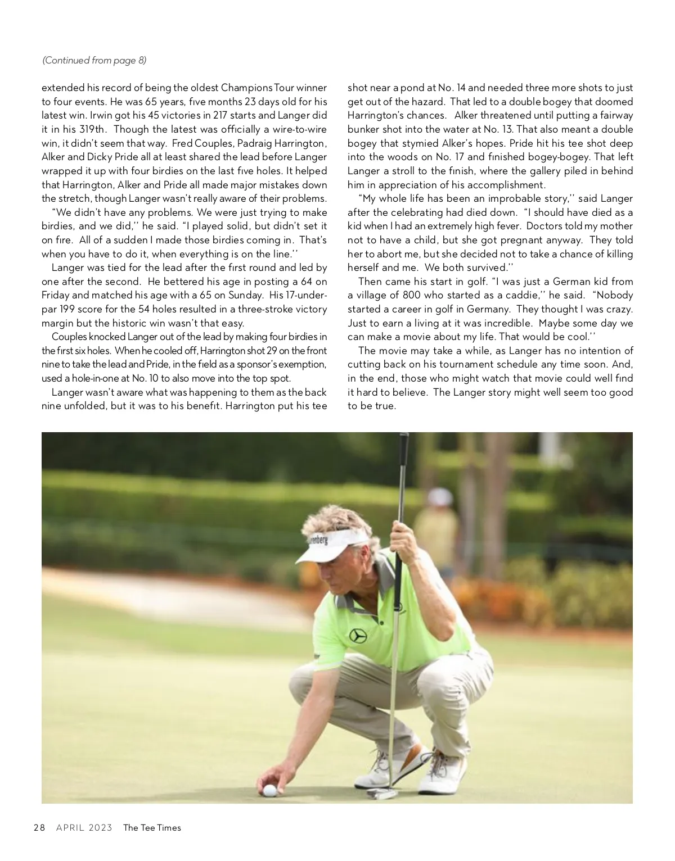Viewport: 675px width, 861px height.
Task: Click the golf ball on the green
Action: pyautogui.click(x=270, y=791)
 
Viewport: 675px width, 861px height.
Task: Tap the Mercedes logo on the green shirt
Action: pyautogui.click(x=358, y=636)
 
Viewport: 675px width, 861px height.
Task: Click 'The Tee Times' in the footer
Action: pyautogui.click(x=152, y=827)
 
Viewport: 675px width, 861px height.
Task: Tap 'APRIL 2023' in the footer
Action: pyautogui.click(x=84, y=827)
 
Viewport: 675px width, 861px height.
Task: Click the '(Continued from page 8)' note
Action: pyautogui.click(x=94, y=60)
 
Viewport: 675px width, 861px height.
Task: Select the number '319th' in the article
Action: pyautogui.click(x=92, y=129)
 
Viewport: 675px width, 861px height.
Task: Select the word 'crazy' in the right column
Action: pyautogui.click(x=619, y=309)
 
